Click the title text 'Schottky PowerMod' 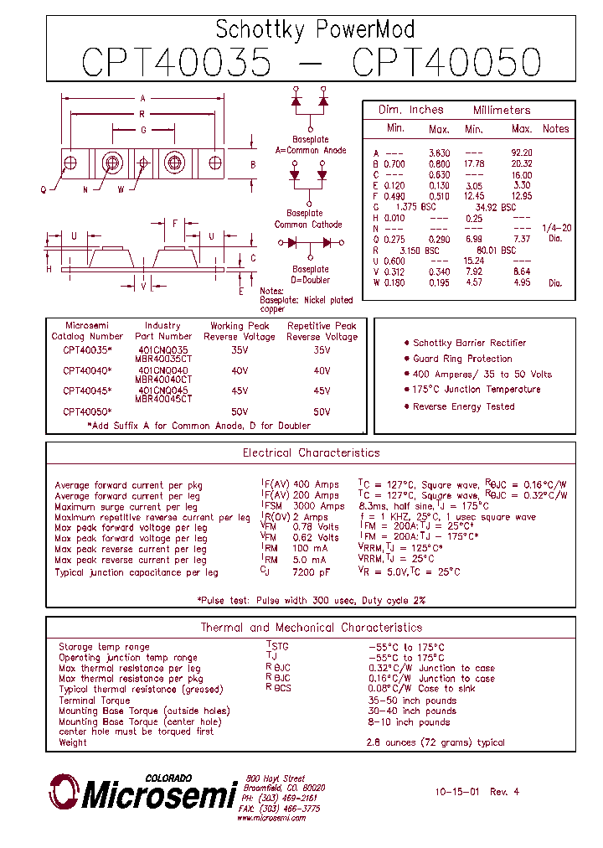pyautogui.click(x=315, y=30)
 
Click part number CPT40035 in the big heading pyautogui.click(x=177, y=63)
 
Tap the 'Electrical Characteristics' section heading pyautogui.click(x=311, y=452)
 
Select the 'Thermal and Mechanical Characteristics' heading pyautogui.click(x=311, y=628)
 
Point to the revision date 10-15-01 pyautogui.click(x=457, y=791)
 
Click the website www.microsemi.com pyautogui.click(x=271, y=818)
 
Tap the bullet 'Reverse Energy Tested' pyautogui.click(x=463, y=406)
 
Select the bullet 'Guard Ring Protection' pyautogui.click(x=462, y=359)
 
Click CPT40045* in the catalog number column pyautogui.click(x=87, y=390)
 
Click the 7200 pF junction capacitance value pyautogui.click(x=312, y=572)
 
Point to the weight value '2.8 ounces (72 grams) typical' pyautogui.click(x=435, y=742)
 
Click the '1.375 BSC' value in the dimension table pyautogui.click(x=417, y=206)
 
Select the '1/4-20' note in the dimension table pyautogui.click(x=556, y=228)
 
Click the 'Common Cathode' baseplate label pyautogui.click(x=308, y=225)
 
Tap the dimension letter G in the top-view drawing pyautogui.click(x=143, y=130)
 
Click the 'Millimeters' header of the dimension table pyautogui.click(x=502, y=111)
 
